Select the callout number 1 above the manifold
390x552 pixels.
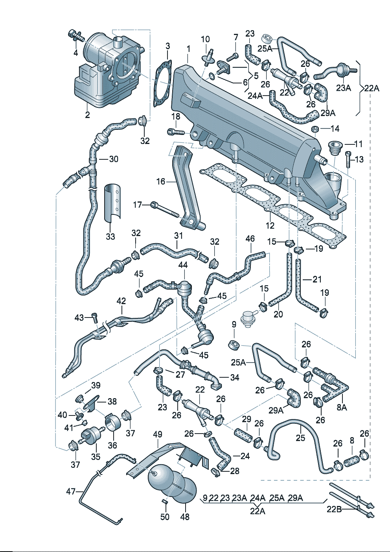(x=188, y=49)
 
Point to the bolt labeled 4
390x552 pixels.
(x=77, y=36)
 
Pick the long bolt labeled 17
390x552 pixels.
(x=165, y=210)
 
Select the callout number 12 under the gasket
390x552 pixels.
(x=270, y=226)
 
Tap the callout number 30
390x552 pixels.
(x=114, y=159)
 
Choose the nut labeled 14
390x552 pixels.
(x=315, y=129)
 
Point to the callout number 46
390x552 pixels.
(x=250, y=239)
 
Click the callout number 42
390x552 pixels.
(x=121, y=301)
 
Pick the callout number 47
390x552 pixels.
(x=71, y=491)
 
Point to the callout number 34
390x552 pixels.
(x=234, y=377)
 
